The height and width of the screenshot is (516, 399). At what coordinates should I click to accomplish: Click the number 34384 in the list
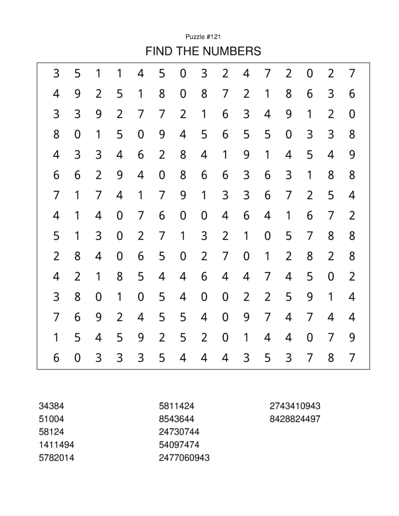[51, 406]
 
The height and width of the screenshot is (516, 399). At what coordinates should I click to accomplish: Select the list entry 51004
[51, 419]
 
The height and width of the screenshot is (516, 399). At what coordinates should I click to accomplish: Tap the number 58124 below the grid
[51, 432]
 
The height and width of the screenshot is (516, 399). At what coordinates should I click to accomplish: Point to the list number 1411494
[56, 445]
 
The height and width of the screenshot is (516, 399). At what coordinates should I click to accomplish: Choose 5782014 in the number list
[56, 458]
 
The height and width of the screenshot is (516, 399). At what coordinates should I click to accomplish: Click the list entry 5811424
[177, 406]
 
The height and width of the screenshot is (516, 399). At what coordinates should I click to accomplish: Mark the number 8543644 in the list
[177, 419]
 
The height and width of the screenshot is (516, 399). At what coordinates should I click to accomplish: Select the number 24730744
[179, 432]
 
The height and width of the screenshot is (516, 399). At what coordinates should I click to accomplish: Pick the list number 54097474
[179, 445]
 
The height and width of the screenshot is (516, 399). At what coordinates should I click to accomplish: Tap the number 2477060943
[184, 458]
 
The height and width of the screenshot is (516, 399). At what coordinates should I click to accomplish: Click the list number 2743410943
[295, 406]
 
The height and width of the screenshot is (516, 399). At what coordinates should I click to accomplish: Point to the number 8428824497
[295, 419]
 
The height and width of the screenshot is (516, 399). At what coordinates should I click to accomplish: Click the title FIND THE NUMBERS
[203, 51]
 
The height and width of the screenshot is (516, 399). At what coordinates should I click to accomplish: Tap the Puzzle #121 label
[203, 37]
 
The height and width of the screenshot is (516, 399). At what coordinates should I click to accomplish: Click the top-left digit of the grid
[56, 73]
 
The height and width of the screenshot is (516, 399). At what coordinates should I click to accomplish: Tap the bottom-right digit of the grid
[352, 358]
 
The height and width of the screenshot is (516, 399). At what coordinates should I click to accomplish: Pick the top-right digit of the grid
[352, 73]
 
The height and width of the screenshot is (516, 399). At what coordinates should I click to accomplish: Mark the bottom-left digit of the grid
[56, 358]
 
